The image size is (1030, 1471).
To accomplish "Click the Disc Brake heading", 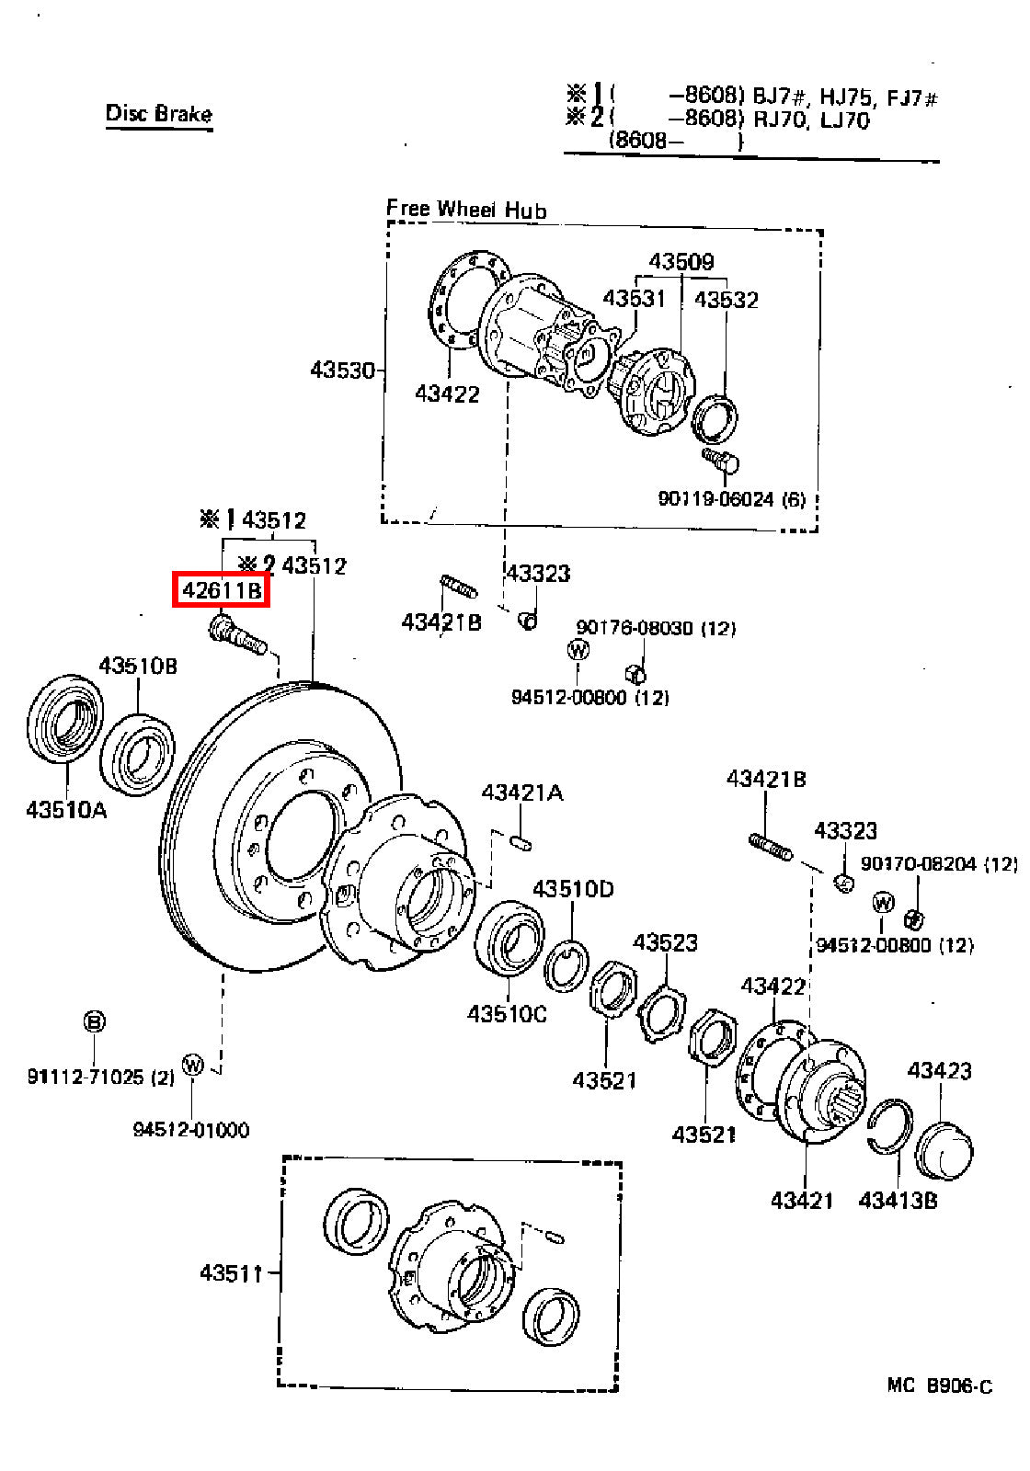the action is [159, 114].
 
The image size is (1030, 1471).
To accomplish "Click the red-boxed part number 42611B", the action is [222, 590].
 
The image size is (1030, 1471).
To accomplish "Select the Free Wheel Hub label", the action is [466, 209].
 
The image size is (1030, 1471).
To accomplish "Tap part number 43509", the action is [681, 262].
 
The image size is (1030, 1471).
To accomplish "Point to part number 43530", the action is [342, 371].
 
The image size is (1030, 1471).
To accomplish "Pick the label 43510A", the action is [66, 810].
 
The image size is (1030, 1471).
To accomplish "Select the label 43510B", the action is [138, 666].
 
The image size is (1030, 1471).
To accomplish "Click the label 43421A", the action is [522, 793].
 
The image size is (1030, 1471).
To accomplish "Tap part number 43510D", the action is [573, 889].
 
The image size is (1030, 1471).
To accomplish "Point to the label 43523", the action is [665, 943].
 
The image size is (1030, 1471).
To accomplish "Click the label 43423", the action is [939, 1070].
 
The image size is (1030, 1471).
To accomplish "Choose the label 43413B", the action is [898, 1201].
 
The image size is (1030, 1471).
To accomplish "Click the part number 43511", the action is [231, 1272].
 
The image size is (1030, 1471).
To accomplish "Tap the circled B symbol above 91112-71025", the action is [95, 1021].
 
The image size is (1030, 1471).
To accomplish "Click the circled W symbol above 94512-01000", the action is [192, 1065].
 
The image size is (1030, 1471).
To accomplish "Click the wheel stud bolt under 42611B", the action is [237, 634].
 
